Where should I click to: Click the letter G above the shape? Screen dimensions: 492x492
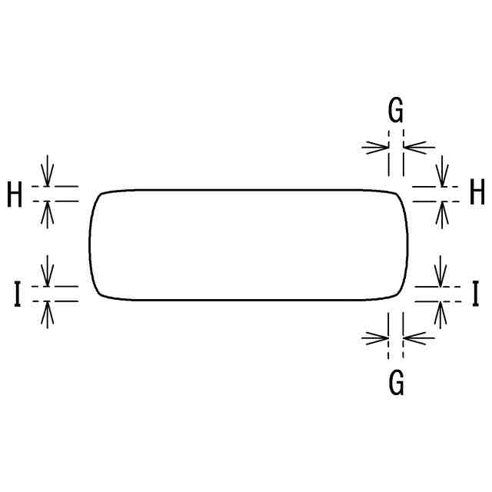coord(395,112)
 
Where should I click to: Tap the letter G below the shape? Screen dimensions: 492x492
coord(396,382)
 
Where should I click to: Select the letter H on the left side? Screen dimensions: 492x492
coord(15,195)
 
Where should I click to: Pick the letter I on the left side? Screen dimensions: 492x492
coord(17,294)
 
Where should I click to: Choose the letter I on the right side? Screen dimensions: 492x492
coord(476,294)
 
